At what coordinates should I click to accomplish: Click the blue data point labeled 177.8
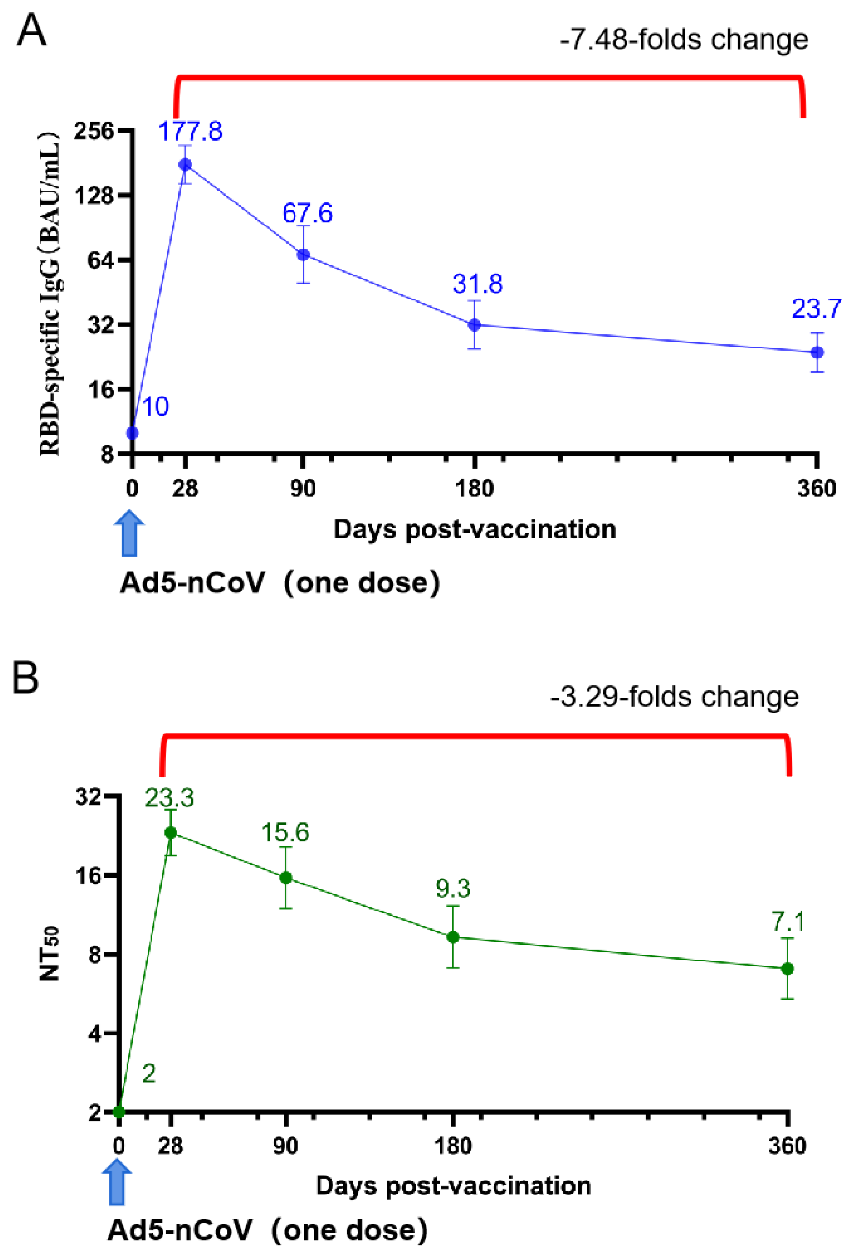pyautogui.click(x=186, y=164)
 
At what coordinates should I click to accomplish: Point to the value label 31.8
pyautogui.click(x=477, y=284)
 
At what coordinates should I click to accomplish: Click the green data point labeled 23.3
pyautogui.click(x=171, y=832)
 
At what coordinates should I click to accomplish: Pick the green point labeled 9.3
pyautogui.click(x=453, y=937)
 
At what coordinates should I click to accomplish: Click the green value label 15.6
pyautogui.click(x=285, y=832)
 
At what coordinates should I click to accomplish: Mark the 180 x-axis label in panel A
pyautogui.click(x=474, y=489)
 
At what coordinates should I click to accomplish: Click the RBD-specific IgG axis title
pyautogui.click(x=50, y=292)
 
